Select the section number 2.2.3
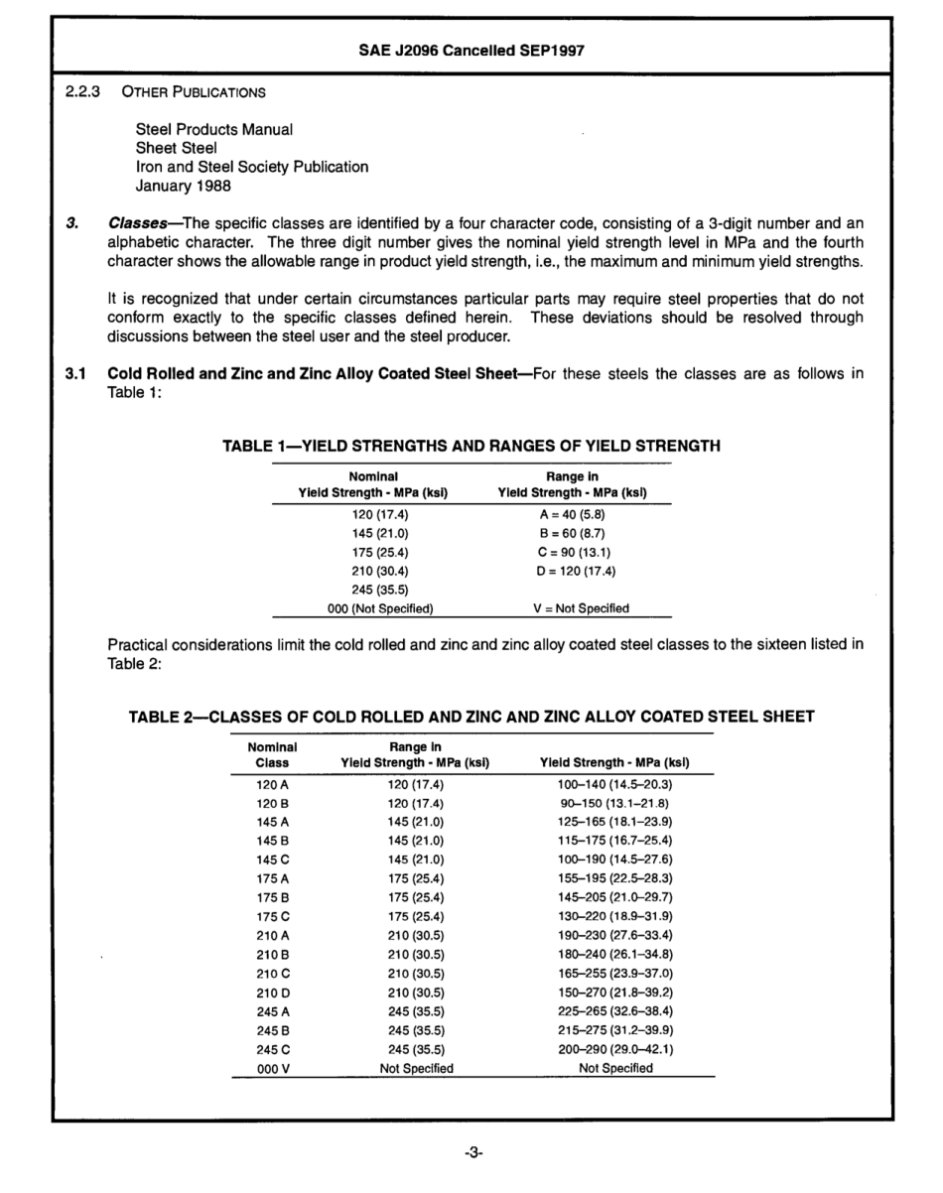pos(81,92)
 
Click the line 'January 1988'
pos(178,186)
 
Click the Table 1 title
pos(471,447)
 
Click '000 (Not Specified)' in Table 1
pos(373,608)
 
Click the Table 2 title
pos(471,717)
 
